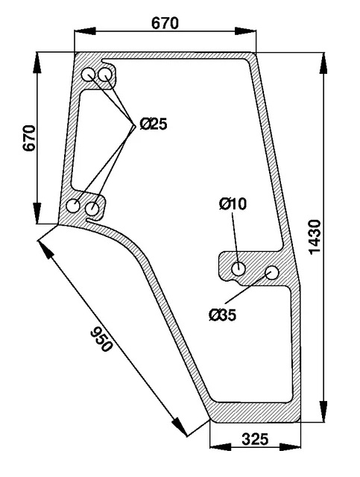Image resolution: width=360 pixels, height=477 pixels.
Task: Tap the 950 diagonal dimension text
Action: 102,338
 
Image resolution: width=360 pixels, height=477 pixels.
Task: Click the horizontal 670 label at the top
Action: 165,23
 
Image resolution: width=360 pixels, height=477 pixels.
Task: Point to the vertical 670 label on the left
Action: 29,138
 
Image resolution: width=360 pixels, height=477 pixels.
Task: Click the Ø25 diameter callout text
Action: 153,124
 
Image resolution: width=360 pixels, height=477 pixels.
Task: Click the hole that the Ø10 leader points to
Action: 240,268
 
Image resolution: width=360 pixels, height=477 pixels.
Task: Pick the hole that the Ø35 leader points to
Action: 272,273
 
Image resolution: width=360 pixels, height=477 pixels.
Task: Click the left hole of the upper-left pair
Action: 89,74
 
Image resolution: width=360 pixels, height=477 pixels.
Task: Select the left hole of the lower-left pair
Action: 74,205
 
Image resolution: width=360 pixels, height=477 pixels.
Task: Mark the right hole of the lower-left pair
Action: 93,208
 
